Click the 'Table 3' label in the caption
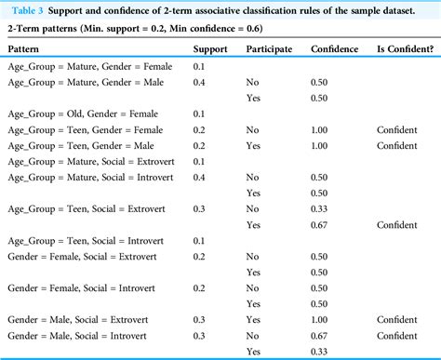[29, 9]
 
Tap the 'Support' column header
[210, 48]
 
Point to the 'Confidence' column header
[333, 48]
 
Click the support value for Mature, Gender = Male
[200, 82]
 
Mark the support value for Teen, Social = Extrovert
[200, 209]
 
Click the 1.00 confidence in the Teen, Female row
[321, 130]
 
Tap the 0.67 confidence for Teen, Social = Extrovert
[321, 224]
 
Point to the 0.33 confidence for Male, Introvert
[321, 352]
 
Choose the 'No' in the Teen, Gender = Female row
[252, 130]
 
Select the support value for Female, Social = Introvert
[200, 287]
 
